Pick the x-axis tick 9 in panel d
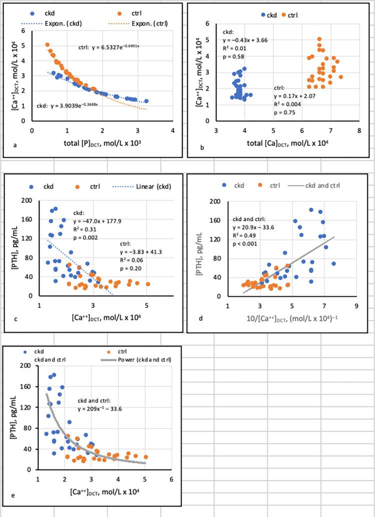pos(356,305)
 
